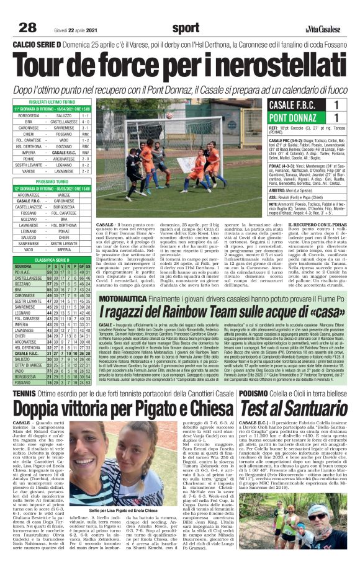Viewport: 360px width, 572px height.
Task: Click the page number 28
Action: (28, 27)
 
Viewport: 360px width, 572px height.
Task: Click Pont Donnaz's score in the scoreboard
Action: (336, 117)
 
